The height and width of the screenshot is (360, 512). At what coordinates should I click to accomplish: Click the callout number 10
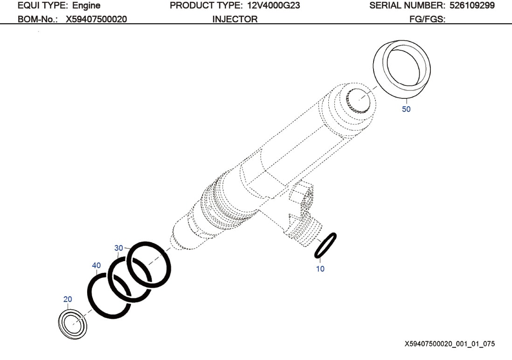click(x=320, y=269)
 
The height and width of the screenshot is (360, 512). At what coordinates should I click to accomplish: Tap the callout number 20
click(x=68, y=299)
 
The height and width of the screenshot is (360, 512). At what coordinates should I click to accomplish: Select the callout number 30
click(x=118, y=248)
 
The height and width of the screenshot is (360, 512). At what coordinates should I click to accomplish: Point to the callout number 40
click(x=96, y=265)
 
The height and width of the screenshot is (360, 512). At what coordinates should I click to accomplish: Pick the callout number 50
click(x=406, y=109)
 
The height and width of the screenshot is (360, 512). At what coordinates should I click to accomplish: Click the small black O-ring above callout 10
click(x=325, y=245)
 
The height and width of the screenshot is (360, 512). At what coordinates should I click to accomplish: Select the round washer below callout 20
click(x=72, y=324)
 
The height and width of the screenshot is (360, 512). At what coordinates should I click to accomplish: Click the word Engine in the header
click(x=86, y=6)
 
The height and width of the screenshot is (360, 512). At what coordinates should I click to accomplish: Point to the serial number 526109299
click(x=472, y=6)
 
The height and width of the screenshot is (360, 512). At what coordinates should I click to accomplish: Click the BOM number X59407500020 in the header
click(x=96, y=19)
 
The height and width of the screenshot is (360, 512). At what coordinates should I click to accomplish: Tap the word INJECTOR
click(x=235, y=19)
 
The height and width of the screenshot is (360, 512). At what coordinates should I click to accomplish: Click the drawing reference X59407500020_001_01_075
click(x=450, y=344)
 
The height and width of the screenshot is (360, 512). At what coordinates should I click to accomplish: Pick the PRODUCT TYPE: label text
click(x=206, y=6)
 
